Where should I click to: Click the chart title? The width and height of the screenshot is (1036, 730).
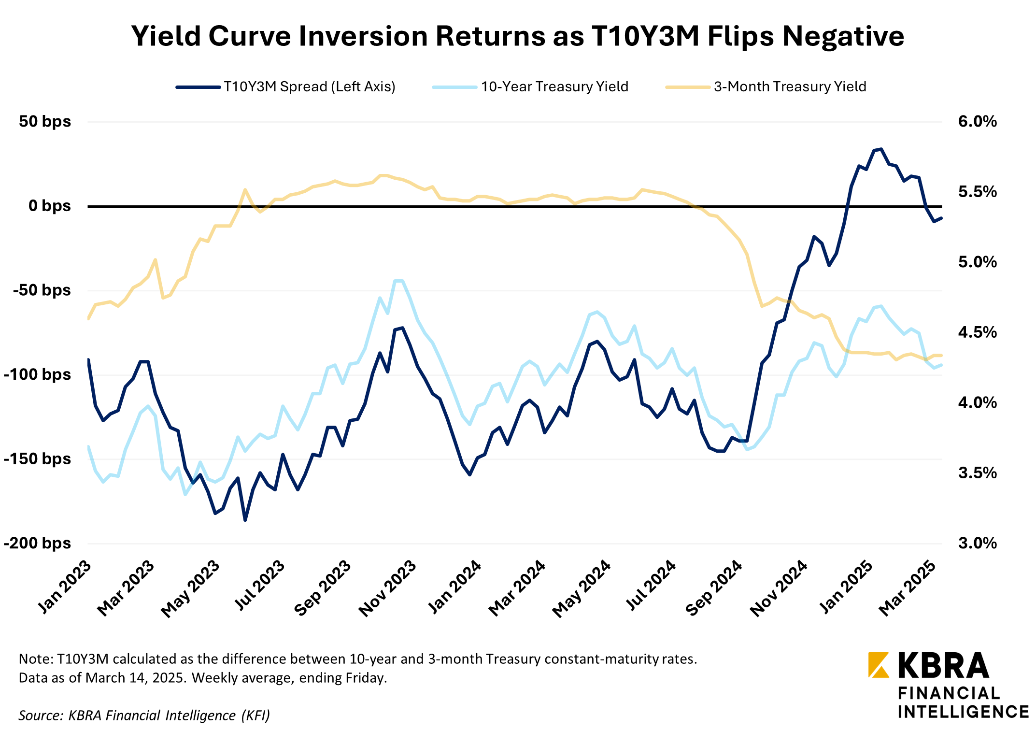[517, 36]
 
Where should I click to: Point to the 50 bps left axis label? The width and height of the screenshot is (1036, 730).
[45, 121]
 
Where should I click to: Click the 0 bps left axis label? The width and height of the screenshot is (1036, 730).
[49, 206]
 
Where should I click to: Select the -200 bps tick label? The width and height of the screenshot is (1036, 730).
[37, 543]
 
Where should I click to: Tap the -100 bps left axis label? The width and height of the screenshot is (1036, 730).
[37, 374]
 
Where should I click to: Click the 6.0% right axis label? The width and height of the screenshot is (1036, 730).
[977, 121]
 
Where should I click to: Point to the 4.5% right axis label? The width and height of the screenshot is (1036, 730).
[977, 332]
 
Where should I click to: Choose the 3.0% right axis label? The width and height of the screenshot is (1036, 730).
[977, 543]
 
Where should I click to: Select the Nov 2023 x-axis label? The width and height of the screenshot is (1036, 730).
[387, 588]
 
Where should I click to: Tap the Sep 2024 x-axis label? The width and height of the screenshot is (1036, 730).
[714, 588]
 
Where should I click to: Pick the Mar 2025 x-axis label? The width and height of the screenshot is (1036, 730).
[908, 588]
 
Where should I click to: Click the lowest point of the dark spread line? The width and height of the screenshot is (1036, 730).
[245, 520]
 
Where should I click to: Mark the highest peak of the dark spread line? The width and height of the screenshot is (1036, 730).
[881, 149]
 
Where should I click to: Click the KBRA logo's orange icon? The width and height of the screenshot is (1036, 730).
[878, 665]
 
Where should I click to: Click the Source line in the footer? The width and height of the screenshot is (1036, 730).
[144, 715]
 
